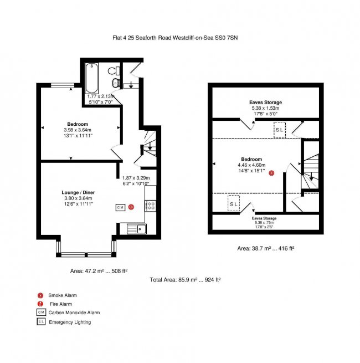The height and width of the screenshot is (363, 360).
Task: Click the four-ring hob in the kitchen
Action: coord(150,205)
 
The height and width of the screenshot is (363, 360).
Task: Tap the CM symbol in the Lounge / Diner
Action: coord(120,207)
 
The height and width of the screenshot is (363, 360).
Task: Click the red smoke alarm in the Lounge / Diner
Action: coord(131,207)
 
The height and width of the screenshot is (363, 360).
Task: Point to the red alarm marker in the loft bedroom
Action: coord(271,173)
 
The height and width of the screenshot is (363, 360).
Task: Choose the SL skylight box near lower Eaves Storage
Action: coord(234,203)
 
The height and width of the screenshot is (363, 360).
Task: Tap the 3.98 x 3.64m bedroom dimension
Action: coord(77,129)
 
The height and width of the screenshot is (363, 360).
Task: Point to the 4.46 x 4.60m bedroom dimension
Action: coord(251,165)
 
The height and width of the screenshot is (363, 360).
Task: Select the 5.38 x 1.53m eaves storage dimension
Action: coord(265,108)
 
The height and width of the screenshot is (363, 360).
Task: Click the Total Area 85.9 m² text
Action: coord(185,280)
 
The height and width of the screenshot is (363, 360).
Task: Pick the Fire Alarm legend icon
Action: coord(40,304)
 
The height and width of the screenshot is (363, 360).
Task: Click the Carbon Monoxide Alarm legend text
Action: coord(74,313)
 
